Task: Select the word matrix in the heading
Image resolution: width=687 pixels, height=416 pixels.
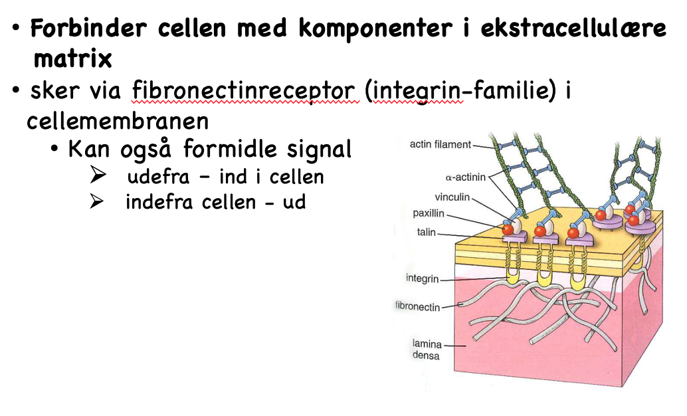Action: (72, 58)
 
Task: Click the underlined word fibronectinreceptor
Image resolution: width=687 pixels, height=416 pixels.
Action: (246, 90)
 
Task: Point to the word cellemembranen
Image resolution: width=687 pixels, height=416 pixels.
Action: (118, 121)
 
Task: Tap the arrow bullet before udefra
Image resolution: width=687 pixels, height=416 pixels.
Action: (98, 177)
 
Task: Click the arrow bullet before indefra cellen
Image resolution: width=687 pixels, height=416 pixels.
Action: (98, 202)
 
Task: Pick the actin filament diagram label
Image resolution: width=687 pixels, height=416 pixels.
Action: (440, 144)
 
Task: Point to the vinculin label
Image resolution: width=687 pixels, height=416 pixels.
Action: (452, 197)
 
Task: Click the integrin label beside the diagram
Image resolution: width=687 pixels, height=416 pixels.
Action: (423, 278)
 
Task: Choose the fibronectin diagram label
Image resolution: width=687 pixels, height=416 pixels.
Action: (417, 306)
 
